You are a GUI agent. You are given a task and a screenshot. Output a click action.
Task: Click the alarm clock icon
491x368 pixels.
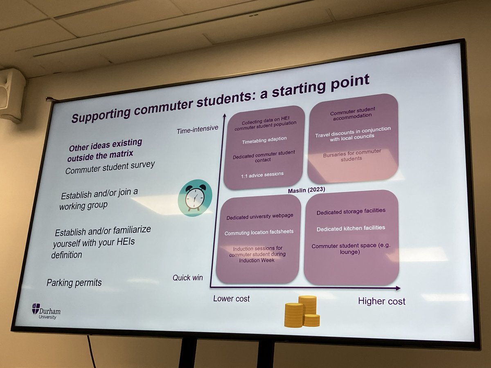[x=195, y=198]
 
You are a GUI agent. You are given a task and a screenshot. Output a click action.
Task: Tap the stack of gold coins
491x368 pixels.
[x=302, y=312]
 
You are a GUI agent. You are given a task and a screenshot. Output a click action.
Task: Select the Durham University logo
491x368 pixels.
[x=46, y=311]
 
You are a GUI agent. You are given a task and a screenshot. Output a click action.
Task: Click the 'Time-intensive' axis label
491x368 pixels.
[x=198, y=130]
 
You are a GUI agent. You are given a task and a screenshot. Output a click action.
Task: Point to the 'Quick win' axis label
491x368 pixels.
[x=187, y=278]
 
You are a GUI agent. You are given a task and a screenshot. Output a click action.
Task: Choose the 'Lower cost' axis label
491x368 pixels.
[x=231, y=298]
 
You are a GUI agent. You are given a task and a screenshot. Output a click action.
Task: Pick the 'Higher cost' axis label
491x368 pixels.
[x=381, y=301]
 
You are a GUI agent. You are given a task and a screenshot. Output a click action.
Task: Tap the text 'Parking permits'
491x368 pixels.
[x=74, y=283]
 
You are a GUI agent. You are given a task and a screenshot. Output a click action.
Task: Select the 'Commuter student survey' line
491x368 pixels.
[x=110, y=167]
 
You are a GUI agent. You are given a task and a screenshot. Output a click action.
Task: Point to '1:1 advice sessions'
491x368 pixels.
[x=262, y=174]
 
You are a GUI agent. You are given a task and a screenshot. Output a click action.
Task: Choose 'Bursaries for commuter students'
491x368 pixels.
[x=351, y=155]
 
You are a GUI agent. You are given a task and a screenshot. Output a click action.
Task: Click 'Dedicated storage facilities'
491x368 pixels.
[x=351, y=211]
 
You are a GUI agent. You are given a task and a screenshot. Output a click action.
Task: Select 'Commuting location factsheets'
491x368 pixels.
[x=259, y=232]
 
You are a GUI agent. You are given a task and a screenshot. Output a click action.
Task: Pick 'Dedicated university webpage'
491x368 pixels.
[x=260, y=216]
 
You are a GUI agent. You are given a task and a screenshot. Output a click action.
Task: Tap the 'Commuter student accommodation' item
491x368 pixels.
[x=352, y=112]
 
